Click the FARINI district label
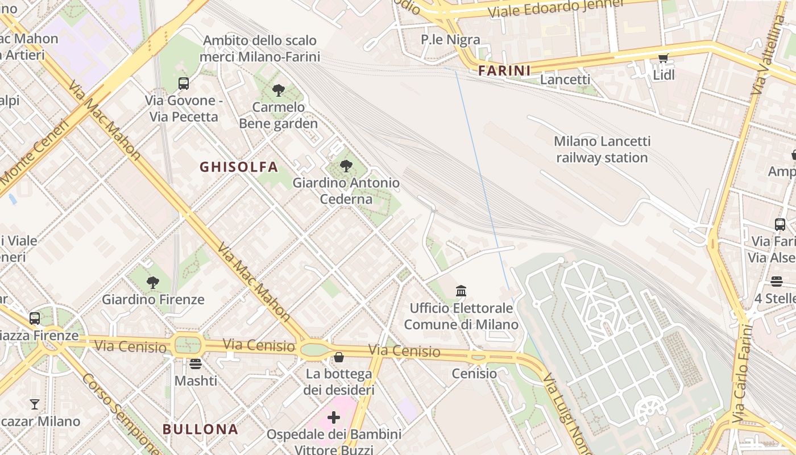504,71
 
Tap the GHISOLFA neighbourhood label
239,167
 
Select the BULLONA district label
200,429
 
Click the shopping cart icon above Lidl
664,59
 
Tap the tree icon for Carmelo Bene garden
278,90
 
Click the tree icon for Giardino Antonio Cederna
346,166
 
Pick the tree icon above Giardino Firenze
152,282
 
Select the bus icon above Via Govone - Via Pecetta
183,84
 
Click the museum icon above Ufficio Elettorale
461,291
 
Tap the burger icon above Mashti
196,363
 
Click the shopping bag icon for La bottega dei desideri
339,357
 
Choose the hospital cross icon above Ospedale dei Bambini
334,418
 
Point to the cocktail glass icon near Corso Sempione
35,404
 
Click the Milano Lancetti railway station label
602,149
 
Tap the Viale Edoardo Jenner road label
555,8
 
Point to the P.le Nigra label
450,39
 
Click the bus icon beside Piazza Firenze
35,318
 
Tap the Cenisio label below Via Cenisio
474,374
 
